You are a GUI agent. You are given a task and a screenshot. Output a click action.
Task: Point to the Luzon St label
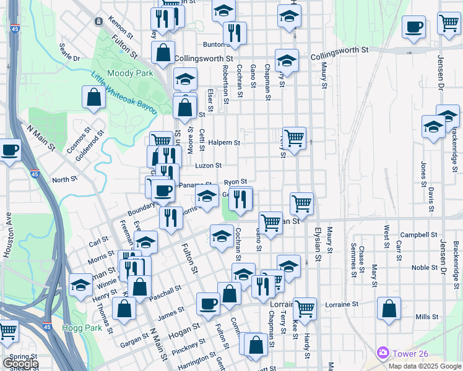(209, 166)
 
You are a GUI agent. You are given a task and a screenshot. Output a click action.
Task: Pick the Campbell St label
(419, 235)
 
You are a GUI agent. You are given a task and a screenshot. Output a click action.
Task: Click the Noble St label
(425, 268)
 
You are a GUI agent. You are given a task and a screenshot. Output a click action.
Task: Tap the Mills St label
(427, 317)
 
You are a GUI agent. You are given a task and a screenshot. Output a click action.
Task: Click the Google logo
(20, 364)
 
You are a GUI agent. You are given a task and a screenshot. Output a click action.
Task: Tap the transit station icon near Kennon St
(98, 21)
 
